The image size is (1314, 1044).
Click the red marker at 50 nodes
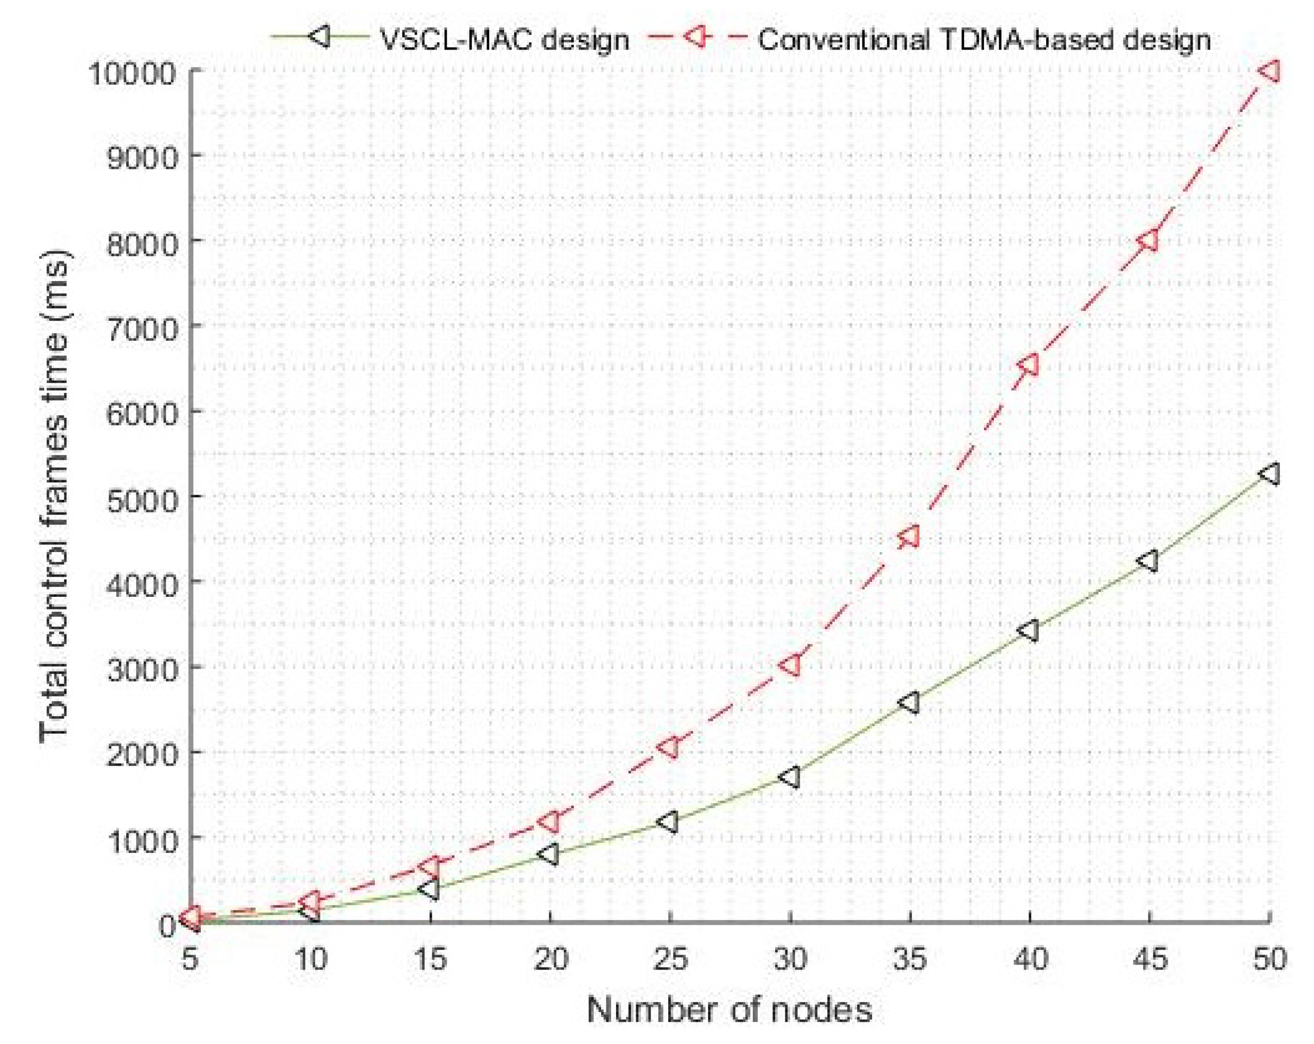click(x=1269, y=71)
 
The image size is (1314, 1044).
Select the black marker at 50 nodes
click(x=1269, y=473)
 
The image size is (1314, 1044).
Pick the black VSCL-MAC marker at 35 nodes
click(x=909, y=703)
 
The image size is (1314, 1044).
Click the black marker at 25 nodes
click(x=669, y=821)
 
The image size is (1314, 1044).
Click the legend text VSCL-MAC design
click(x=504, y=40)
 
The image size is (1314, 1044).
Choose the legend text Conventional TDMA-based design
click(x=984, y=40)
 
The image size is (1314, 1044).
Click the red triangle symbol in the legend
click(x=691, y=38)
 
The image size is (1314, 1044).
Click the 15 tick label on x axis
click(x=430, y=959)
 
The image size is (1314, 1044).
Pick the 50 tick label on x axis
click(x=1269, y=959)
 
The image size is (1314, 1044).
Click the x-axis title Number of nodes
click(x=729, y=1010)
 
